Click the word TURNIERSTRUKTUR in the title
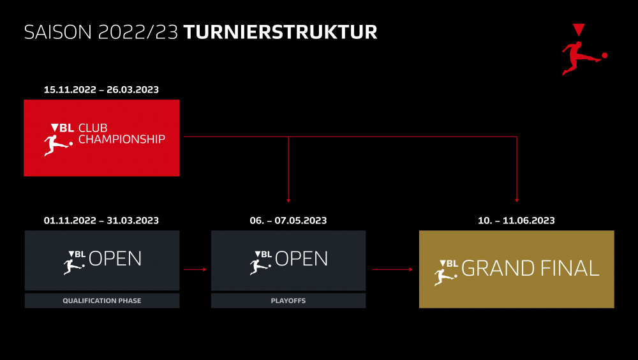(280, 32)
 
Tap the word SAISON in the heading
(58, 32)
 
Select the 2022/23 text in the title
(138, 32)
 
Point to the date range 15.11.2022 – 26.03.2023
(101, 89)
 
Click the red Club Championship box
(101, 138)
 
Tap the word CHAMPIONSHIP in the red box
(122, 139)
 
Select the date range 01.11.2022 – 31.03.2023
(101, 220)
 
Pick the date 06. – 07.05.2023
(288, 220)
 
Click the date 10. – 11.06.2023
(516, 220)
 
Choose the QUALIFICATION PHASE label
(101, 301)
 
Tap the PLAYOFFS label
(288, 301)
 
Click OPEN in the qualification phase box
(115, 259)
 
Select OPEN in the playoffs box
(302, 259)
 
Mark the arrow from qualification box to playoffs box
(195, 269)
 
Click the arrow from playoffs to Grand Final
(392, 269)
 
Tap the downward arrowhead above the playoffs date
(288, 200)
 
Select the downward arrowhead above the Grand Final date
(517, 200)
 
